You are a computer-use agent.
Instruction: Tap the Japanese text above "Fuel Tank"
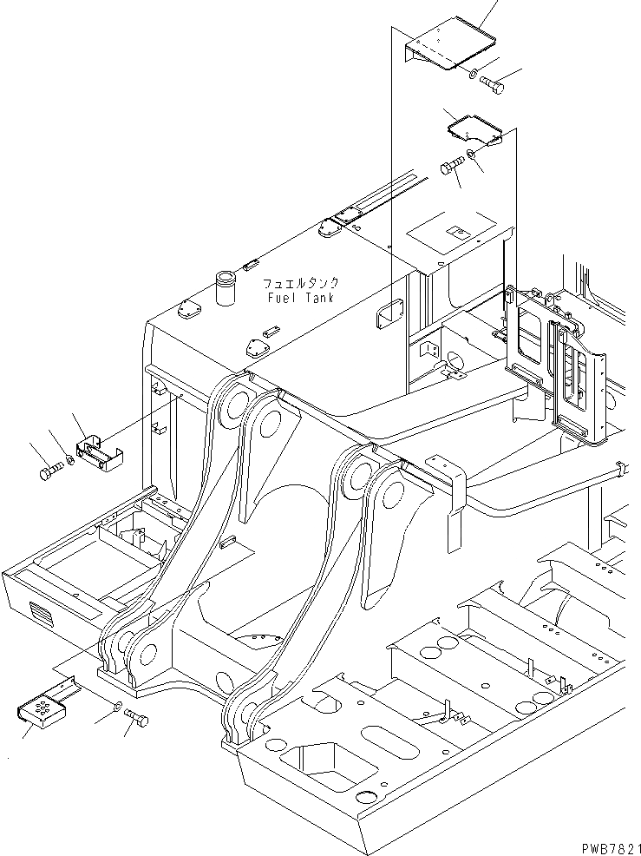tap(301, 284)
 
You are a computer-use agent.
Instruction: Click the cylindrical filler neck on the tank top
tap(227, 288)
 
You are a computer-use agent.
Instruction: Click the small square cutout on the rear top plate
tap(455, 232)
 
